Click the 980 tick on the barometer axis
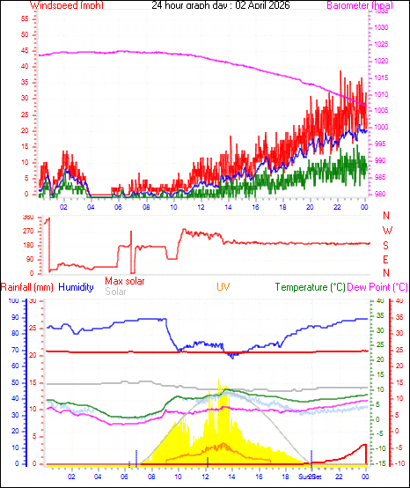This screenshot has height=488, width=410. [x=381, y=194]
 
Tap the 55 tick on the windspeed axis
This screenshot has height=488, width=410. [x=26, y=18]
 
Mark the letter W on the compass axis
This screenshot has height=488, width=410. [x=386, y=231]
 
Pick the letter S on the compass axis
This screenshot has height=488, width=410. [x=386, y=245]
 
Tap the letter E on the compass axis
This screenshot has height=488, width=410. [x=386, y=259]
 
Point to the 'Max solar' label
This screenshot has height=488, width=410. [x=125, y=281]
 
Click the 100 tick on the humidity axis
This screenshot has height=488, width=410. [x=13, y=301]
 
